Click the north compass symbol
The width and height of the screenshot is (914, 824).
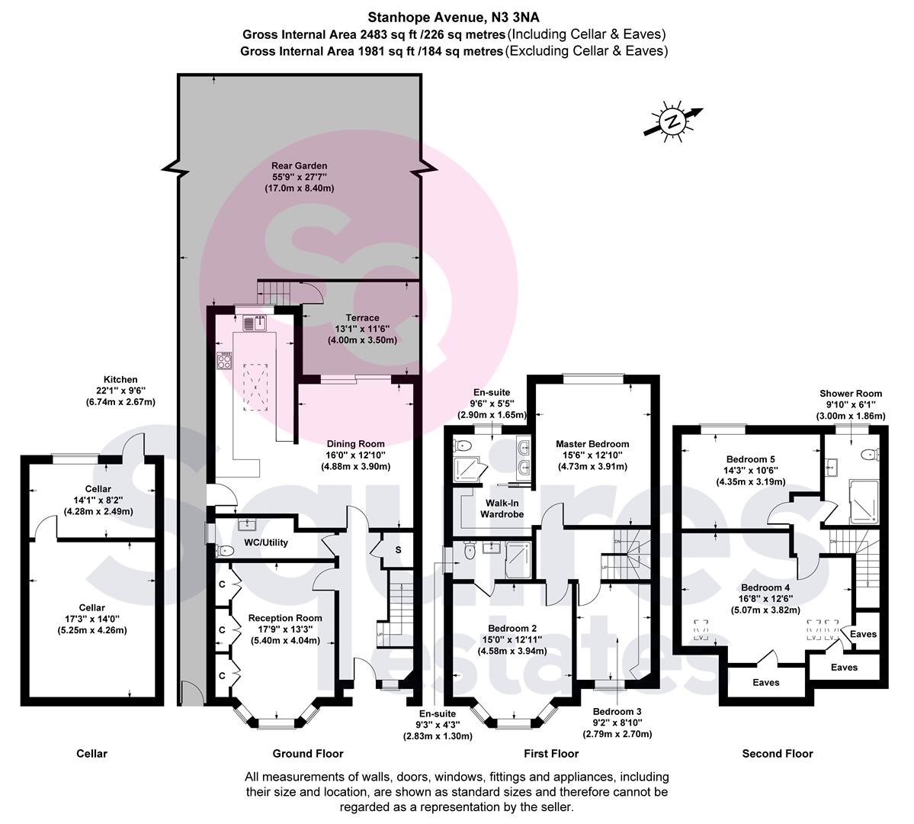click(673, 122)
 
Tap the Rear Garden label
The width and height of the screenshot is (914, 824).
click(299, 166)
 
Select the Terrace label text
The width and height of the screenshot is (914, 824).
click(362, 318)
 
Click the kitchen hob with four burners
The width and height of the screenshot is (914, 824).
click(224, 361)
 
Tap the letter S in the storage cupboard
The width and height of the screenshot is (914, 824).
click(398, 550)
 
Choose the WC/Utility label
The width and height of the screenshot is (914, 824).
click(266, 542)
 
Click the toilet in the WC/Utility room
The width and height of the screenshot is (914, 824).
click(223, 550)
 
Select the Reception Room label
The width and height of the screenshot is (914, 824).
click(285, 618)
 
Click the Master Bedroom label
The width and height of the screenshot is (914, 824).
click(592, 444)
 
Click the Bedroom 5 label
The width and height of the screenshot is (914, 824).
click(751, 459)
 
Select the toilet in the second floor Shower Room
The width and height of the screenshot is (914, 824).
click(872, 453)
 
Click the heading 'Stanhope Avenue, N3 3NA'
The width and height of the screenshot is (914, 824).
click(454, 18)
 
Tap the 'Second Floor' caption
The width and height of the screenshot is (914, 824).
click(778, 753)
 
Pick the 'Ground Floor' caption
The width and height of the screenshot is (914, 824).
click(308, 753)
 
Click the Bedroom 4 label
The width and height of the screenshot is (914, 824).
click(765, 587)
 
